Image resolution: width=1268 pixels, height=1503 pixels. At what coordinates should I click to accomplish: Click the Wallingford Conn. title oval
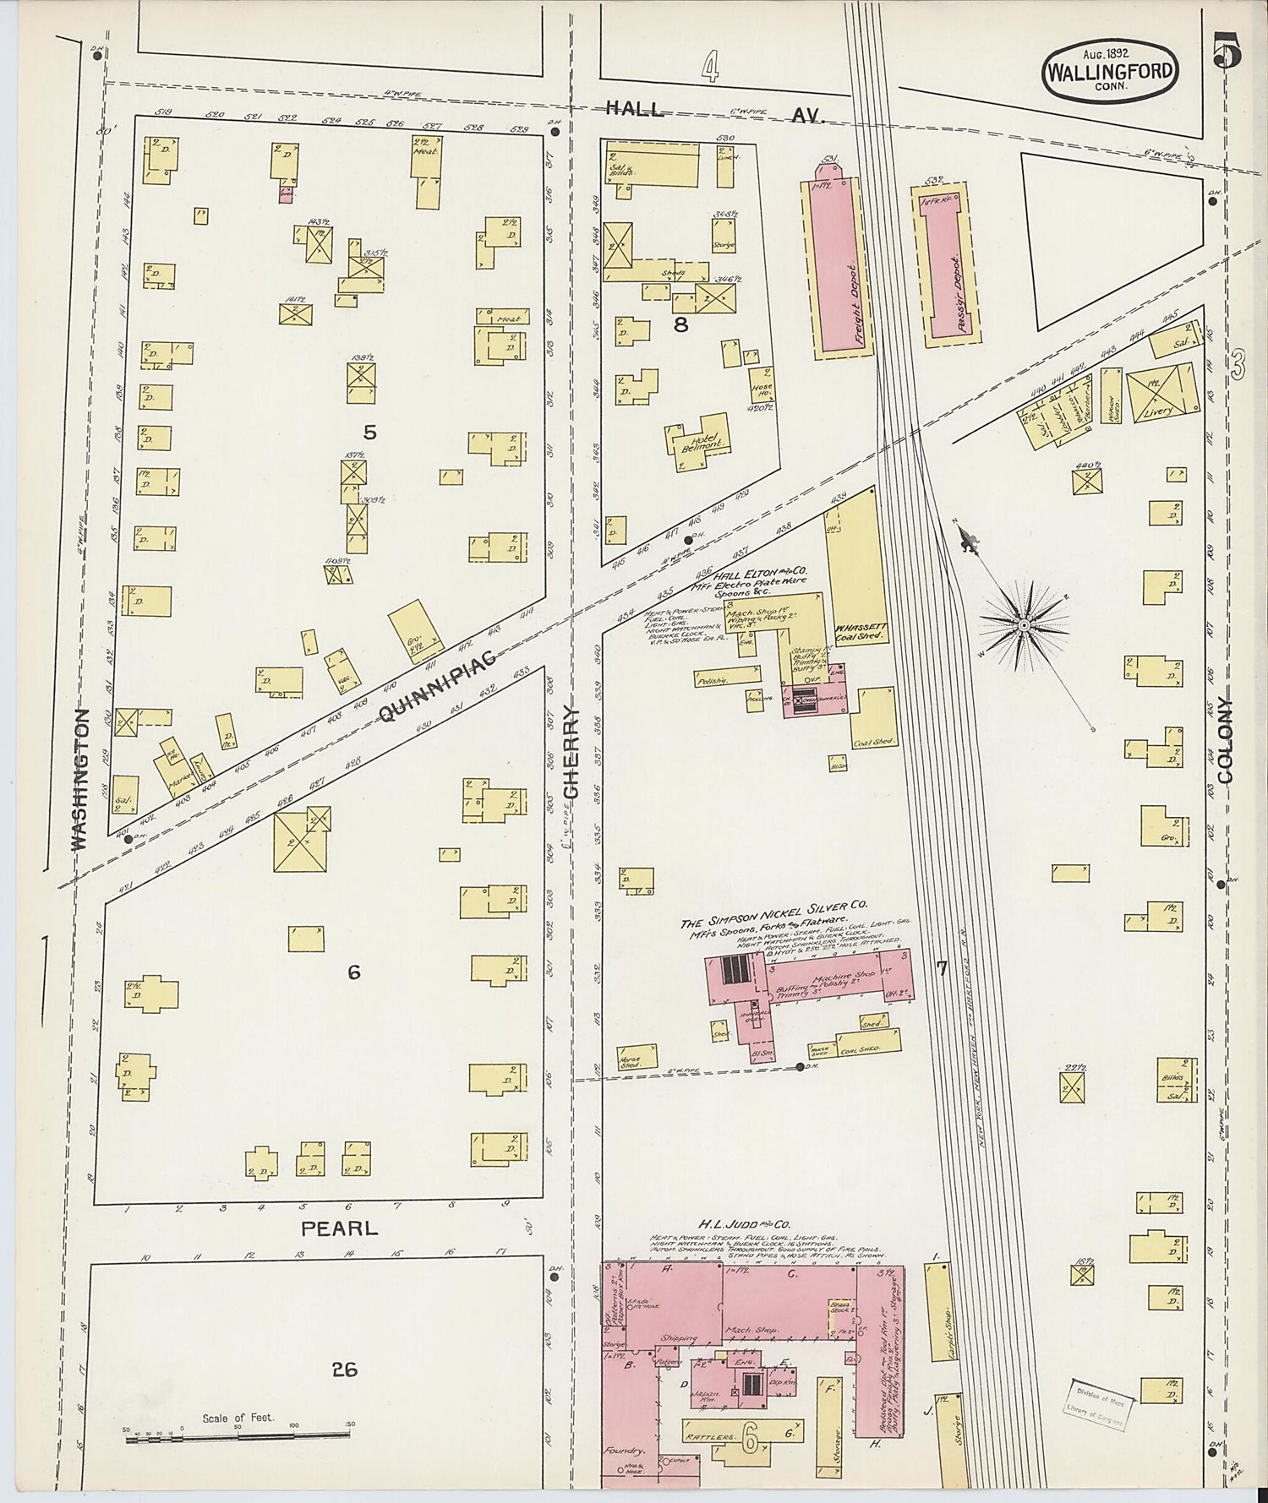click(x=1109, y=71)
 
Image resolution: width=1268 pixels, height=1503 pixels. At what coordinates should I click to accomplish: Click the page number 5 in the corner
click(x=1226, y=52)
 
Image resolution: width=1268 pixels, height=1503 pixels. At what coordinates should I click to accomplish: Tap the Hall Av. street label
click(x=714, y=111)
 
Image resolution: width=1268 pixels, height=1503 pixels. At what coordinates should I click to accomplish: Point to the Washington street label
click(x=79, y=779)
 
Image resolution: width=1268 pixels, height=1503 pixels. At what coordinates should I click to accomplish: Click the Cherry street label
click(x=572, y=754)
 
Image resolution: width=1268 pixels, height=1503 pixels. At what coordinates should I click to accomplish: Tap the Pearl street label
click(x=340, y=1228)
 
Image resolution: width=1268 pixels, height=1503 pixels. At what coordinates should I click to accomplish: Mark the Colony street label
click(x=1226, y=740)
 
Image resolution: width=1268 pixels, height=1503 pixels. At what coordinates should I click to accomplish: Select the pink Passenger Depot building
click(x=945, y=266)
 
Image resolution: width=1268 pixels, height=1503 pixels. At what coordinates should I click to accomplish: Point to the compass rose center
click(x=1024, y=624)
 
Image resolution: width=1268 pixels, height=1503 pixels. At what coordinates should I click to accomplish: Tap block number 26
click(x=344, y=1369)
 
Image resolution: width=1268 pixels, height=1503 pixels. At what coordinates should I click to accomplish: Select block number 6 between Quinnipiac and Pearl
click(x=353, y=972)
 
